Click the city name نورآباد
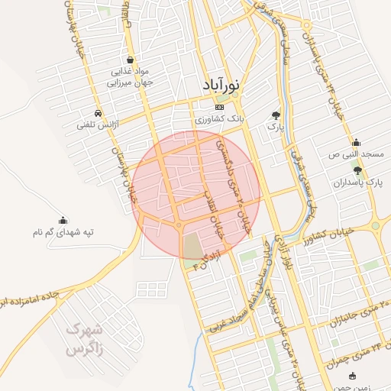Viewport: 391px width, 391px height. click(221, 85)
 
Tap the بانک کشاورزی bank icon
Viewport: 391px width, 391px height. click(220, 107)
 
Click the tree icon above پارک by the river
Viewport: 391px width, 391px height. click(275, 115)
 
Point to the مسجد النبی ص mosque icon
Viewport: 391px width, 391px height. click(356, 142)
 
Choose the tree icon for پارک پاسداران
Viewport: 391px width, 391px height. click(357, 170)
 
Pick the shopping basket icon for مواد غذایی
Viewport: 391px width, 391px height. click(131, 59)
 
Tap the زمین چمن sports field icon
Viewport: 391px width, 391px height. click(352, 376)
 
